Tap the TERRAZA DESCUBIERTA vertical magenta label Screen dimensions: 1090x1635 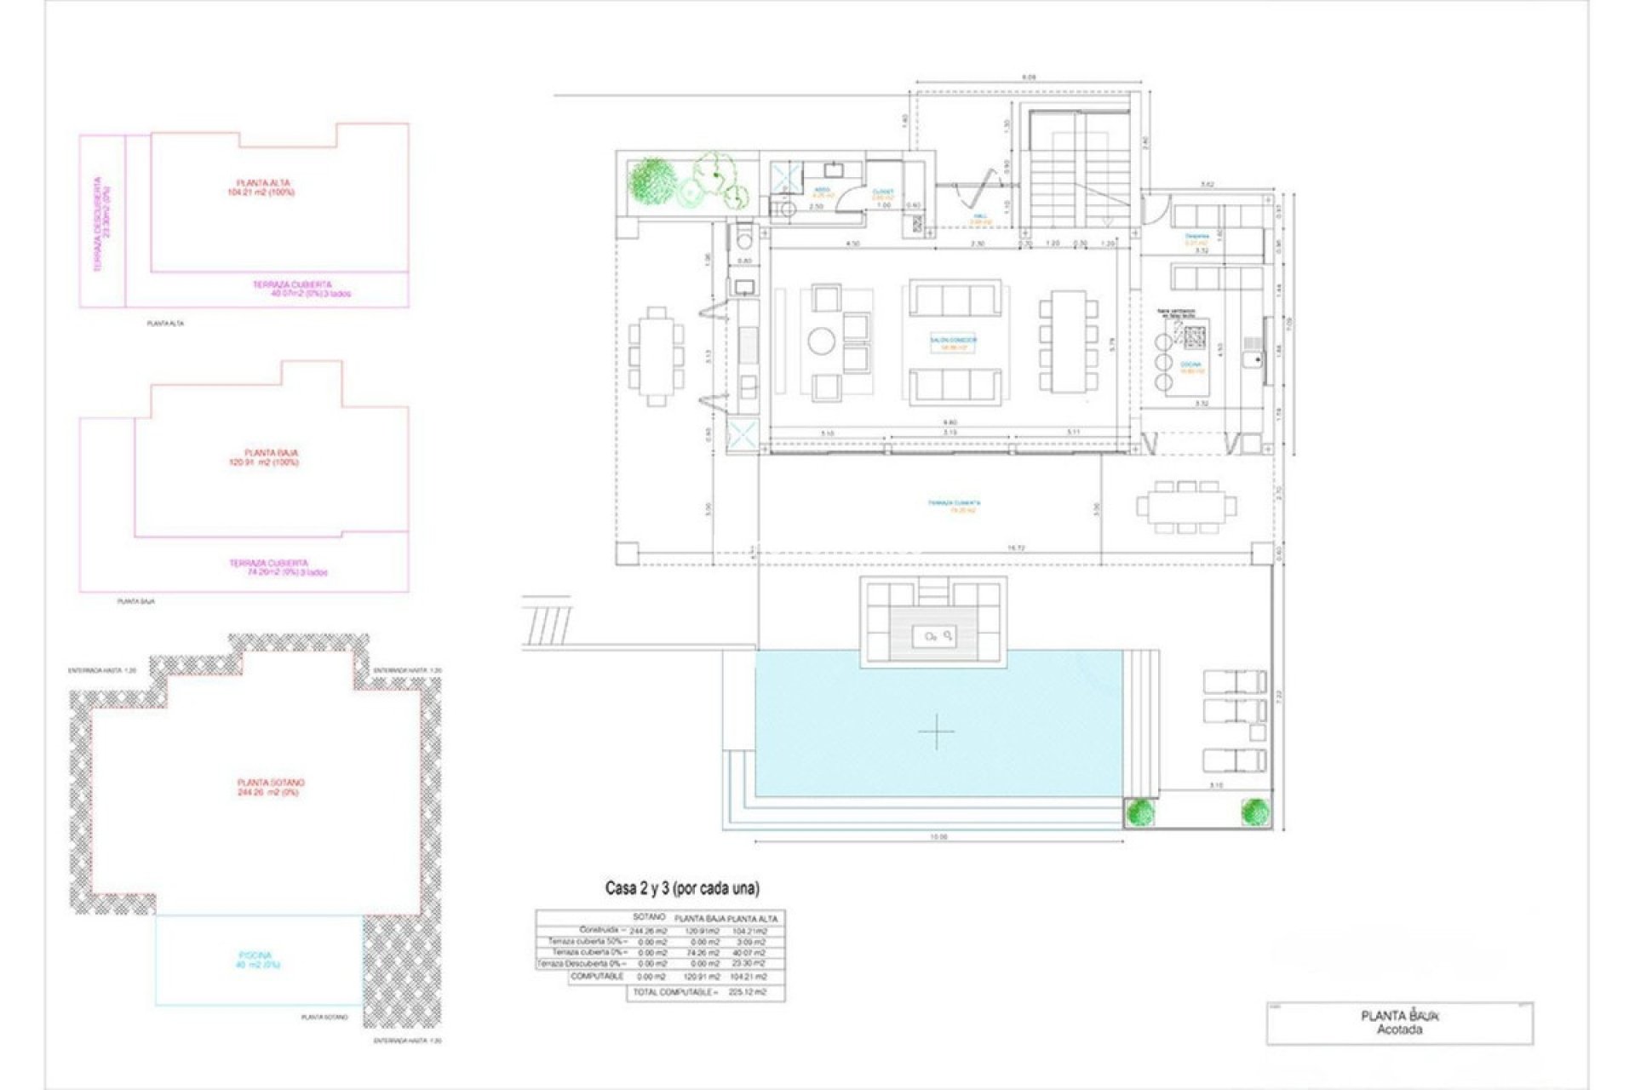click(x=102, y=224)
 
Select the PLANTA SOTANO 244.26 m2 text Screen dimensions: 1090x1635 click(x=270, y=787)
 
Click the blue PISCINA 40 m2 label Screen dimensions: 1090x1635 click(x=260, y=961)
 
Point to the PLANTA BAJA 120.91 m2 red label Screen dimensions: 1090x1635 click(x=272, y=457)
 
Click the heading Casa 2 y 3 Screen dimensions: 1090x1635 click(x=682, y=888)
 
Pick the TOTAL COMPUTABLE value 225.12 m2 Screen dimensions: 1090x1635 click(x=748, y=992)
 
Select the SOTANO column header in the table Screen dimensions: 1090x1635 click(x=649, y=917)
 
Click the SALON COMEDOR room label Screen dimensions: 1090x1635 click(x=954, y=343)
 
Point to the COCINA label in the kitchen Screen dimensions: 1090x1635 click(x=1191, y=367)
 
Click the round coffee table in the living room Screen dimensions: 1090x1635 click(x=823, y=341)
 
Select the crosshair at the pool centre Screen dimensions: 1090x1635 click(x=936, y=731)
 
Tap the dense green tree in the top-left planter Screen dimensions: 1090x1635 click(x=651, y=180)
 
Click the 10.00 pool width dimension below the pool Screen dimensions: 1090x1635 click(x=938, y=837)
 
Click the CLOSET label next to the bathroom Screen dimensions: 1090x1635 click(x=882, y=194)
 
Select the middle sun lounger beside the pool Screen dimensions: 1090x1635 click(x=1234, y=709)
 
